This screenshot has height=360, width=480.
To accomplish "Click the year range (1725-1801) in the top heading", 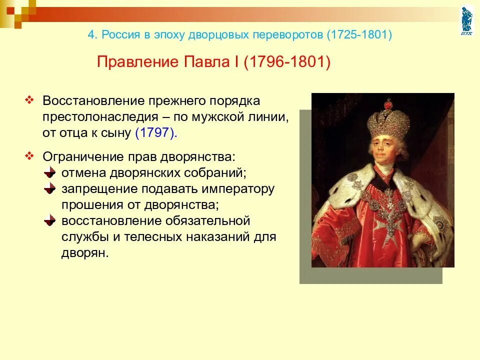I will tap(359, 35).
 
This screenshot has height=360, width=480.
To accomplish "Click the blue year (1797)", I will tap(155, 133).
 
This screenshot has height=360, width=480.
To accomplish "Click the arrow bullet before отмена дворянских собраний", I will tap(49, 172).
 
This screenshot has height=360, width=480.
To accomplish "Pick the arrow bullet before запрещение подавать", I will tap(49, 188).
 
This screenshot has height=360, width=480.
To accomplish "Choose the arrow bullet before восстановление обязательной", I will tap(49, 220).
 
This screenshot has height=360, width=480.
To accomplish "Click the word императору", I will tap(240, 189).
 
